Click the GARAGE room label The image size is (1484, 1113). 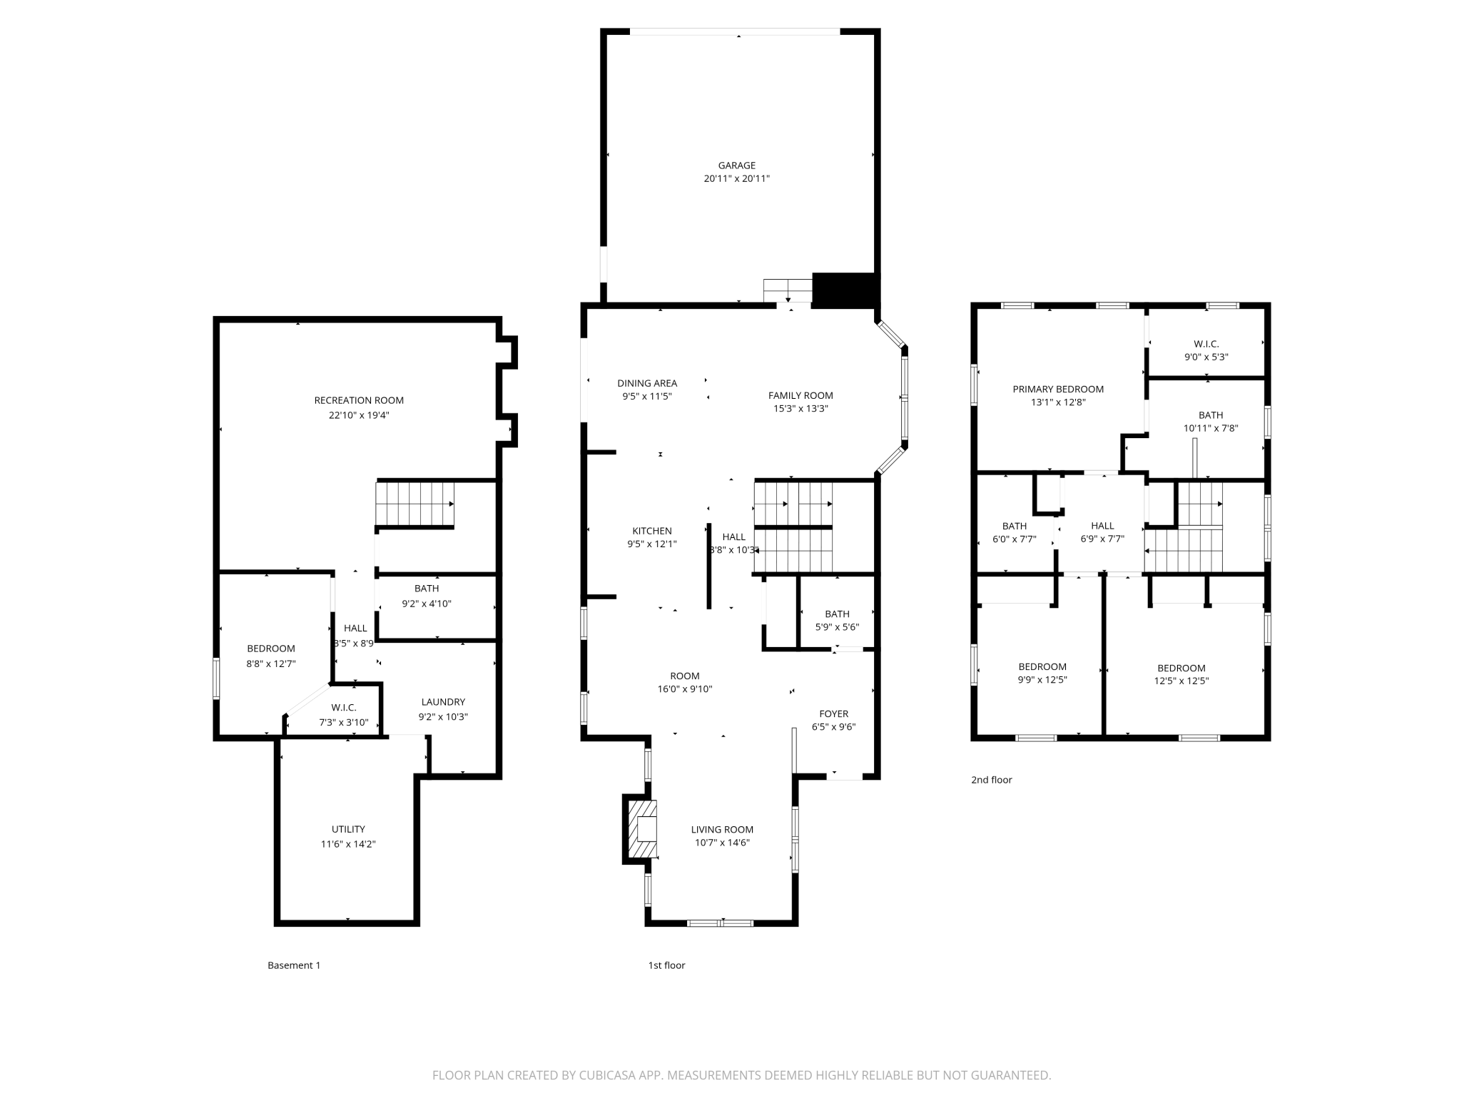[736, 166]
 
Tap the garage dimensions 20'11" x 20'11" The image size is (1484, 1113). [736, 178]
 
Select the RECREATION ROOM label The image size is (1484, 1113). [359, 400]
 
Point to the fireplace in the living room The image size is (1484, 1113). [641, 828]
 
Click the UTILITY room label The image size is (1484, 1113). [348, 829]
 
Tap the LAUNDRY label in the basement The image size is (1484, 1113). [443, 702]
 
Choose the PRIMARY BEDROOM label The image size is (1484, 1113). [1058, 389]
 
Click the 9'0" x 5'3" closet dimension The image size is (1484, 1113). [1206, 357]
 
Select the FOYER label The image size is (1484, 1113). [833, 713]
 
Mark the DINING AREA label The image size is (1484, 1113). [647, 383]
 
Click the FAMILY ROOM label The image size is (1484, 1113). [801, 395]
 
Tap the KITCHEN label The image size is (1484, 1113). [652, 531]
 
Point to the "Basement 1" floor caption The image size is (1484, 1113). [294, 965]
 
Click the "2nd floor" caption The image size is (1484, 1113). [992, 780]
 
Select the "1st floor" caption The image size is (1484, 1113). [666, 965]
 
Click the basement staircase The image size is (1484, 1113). [415, 504]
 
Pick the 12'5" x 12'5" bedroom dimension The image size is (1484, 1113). [1181, 681]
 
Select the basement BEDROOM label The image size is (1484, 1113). [271, 649]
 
